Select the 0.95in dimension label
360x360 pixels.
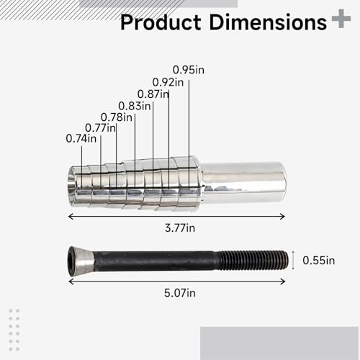pos(188,71)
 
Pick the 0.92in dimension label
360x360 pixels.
pos(168,82)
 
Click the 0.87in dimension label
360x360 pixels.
pos(153,94)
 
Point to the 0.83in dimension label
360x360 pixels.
pos(135,105)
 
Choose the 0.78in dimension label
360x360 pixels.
pos(116,117)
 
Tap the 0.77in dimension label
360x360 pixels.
pos(99,127)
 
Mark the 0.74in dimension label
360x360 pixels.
pos(81,138)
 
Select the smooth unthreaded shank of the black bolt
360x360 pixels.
pos(158,259)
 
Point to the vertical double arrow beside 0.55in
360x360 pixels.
pos(292,259)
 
